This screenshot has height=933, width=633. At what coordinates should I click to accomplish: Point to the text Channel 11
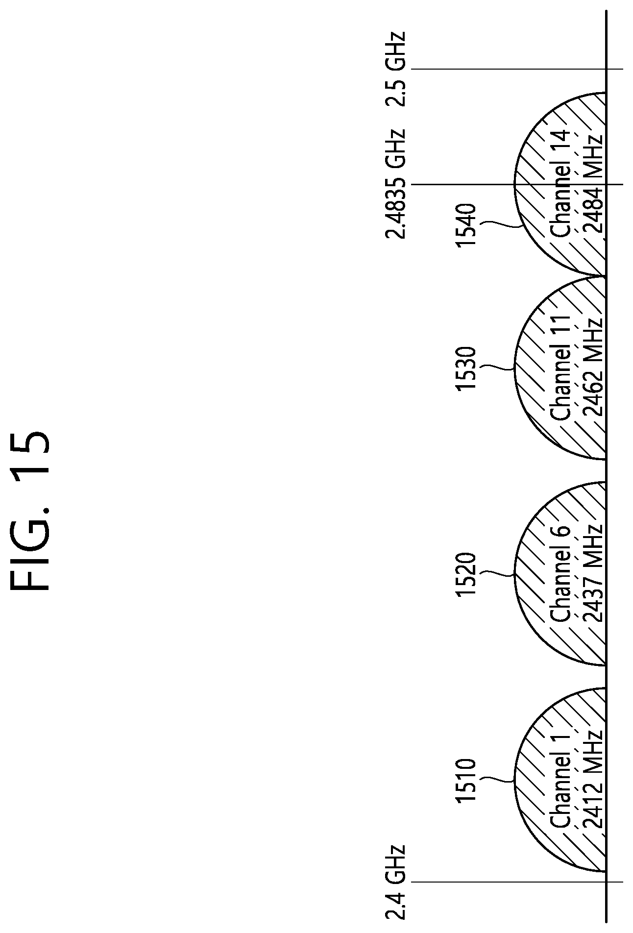pyautogui.click(x=560, y=368)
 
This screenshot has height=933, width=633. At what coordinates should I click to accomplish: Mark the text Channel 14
pyautogui.click(x=560, y=183)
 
